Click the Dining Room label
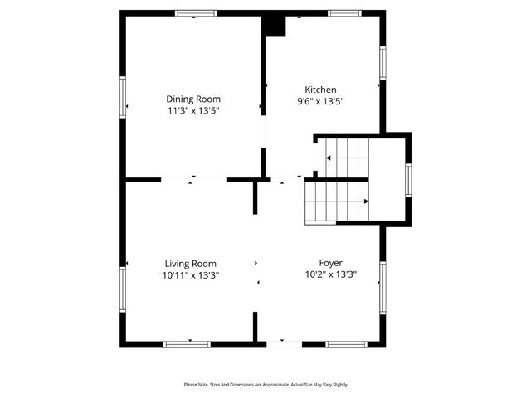pos(193,99)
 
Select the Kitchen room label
pos(320,90)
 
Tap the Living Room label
pos(192,264)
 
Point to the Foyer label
pos(330,263)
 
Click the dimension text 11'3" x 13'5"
pos(193,110)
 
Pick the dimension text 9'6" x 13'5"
pos(320,101)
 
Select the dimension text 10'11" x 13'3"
pos(192,275)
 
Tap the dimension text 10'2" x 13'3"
pos(330,274)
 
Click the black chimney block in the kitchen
pos(274,26)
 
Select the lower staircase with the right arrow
pos(336,201)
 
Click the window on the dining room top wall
pos(196,13)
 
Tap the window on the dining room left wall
pos(123,97)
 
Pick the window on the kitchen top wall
pos(344,13)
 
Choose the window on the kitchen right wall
pos(383,63)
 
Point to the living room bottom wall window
pos(187,344)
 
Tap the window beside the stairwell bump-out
pos(408,180)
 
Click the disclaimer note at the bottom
pos(265,385)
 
